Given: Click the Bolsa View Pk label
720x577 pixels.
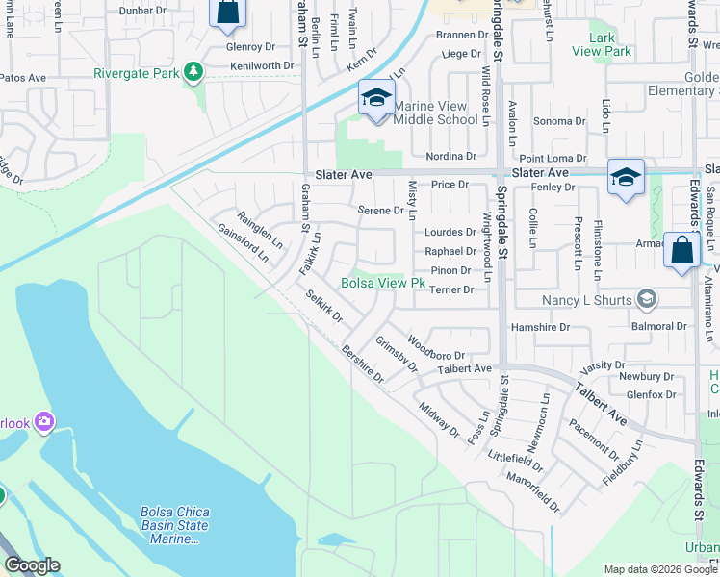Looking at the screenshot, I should [383, 283].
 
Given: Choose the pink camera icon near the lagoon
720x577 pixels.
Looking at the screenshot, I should [43, 421].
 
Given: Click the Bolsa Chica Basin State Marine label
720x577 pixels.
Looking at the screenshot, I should [174, 525].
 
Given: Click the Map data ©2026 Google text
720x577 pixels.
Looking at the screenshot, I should [660, 569].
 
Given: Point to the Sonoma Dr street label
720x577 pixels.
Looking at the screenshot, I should [553, 121].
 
